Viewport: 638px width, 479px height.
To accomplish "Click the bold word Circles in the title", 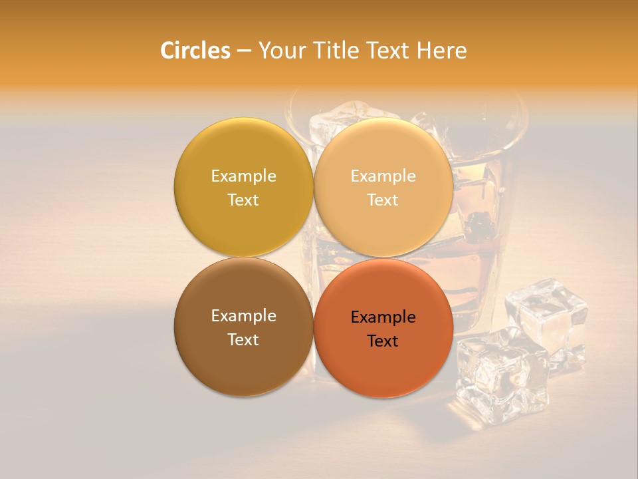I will (195, 51).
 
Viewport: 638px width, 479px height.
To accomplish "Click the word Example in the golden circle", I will (243, 176).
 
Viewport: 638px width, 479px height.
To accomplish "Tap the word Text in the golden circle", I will (243, 200).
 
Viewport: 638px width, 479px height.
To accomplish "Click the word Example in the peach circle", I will (383, 176).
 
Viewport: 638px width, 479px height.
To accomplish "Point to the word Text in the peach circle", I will (383, 200).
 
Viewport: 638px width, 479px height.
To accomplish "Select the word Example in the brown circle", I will (243, 315).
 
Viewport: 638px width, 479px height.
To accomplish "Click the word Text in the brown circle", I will (243, 339).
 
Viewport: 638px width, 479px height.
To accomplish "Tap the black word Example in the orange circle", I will (383, 317).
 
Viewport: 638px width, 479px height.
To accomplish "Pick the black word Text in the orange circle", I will (383, 341).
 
